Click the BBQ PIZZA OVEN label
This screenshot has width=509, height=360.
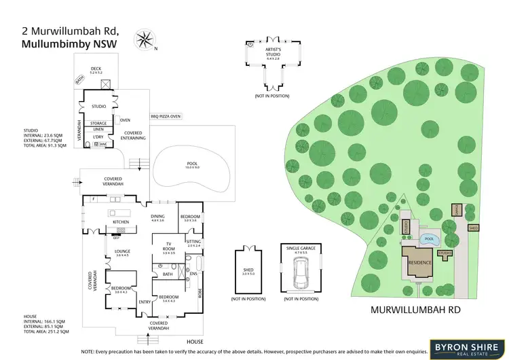pos(166,116)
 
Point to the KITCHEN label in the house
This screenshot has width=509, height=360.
pos(120,222)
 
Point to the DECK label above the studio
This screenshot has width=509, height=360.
pos(96,68)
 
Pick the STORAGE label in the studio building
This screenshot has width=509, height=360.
pos(98,123)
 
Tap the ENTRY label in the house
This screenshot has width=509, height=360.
pos(144,302)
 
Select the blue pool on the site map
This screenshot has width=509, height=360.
pos(428,239)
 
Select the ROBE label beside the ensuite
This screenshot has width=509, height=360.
pos(200,293)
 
